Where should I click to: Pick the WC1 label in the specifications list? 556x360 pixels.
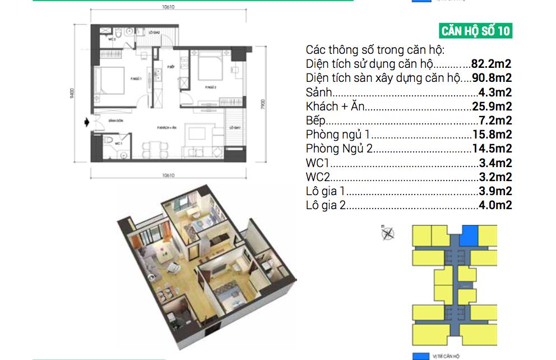point(318,164)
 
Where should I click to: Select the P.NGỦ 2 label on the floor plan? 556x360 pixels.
point(211,87)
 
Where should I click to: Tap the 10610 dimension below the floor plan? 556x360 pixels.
point(166,175)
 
